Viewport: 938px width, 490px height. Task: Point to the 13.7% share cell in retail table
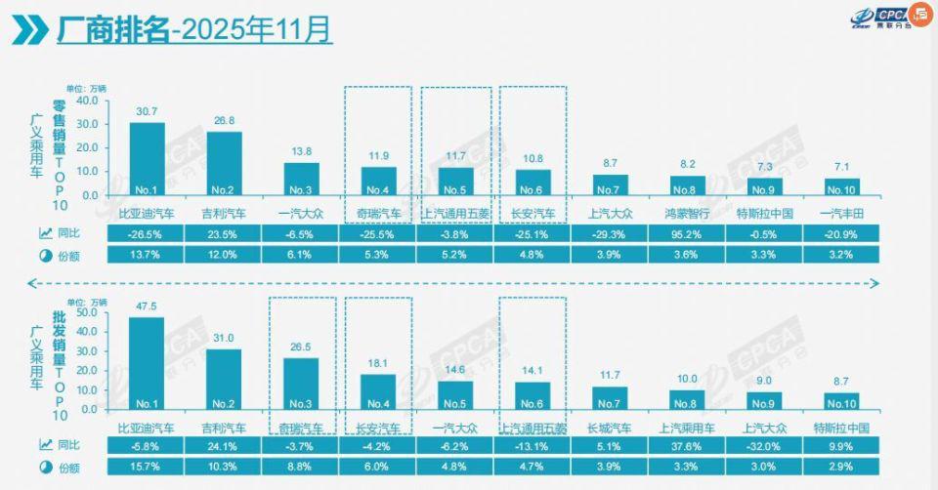coord(147,255)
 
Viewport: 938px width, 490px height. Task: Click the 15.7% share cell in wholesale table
coord(147,466)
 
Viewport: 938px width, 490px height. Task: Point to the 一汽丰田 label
coord(842,212)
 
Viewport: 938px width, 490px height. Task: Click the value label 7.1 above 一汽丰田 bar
coord(842,167)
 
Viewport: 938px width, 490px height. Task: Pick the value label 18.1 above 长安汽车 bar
coord(379,363)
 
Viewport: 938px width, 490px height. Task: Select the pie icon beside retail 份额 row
coord(45,255)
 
